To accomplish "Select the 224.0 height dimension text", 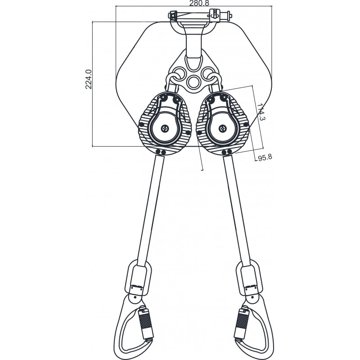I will [x=89, y=79].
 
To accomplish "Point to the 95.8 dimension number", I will [x=265, y=158].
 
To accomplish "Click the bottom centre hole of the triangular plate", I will [x=194, y=82].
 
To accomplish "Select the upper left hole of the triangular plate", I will [x=180, y=72].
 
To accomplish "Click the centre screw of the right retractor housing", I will [x=223, y=129].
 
